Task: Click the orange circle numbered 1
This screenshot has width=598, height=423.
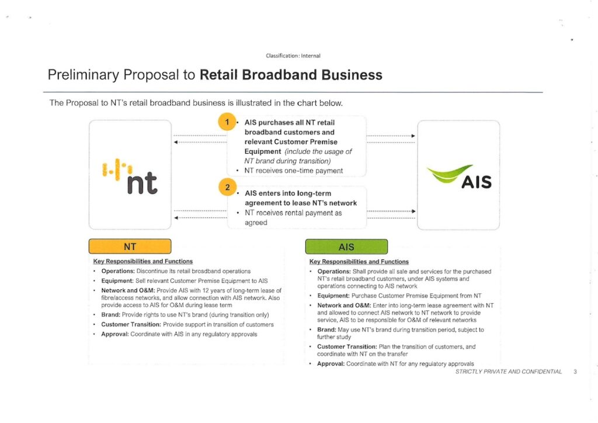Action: pyautogui.click(x=226, y=122)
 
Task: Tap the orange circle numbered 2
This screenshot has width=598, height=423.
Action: pyautogui.click(x=226, y=188)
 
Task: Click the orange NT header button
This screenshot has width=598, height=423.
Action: pyautogui.click(x=130, y=247)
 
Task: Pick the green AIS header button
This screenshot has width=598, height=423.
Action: pyautogui.click(x=346, y=247)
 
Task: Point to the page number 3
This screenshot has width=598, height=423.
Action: pyautogui.click(x=575, y=372)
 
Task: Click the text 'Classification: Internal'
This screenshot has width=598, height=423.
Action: pyautogui.click(x=293, y=56)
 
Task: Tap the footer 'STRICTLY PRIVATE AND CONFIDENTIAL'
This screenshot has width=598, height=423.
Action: pyautogui.click(x=509, y=372)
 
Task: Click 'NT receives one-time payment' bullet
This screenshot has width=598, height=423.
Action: pyautogui.click(x=294, y=171)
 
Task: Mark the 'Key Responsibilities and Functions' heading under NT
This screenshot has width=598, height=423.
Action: pyautogui.click(x=143, y=261)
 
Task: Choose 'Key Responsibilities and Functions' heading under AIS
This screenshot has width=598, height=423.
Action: pyautogui.click(x=359, y=262)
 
